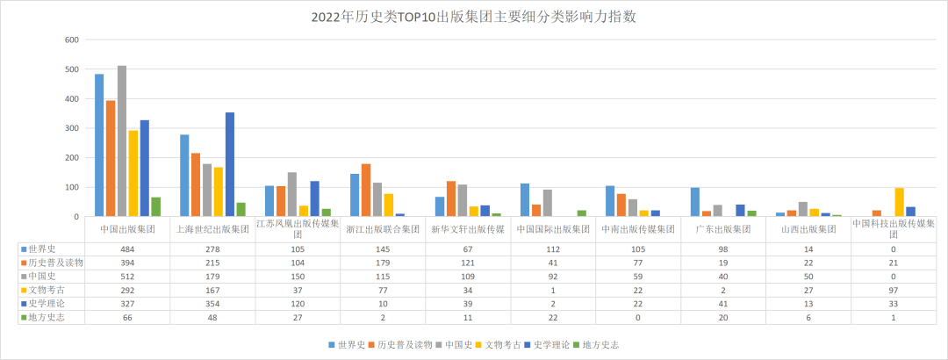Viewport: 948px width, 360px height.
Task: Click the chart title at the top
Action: [x=473, y=17]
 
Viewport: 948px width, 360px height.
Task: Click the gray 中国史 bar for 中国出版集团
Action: [x=122, y=140]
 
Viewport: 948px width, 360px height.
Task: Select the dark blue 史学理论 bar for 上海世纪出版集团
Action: [x=230, y=164]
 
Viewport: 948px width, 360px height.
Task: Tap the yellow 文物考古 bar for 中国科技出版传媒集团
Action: [x=899, y=202]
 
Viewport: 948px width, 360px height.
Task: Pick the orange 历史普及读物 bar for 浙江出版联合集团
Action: [x=365, y=190]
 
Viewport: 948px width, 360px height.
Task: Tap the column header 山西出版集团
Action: [x=810, y=228]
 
